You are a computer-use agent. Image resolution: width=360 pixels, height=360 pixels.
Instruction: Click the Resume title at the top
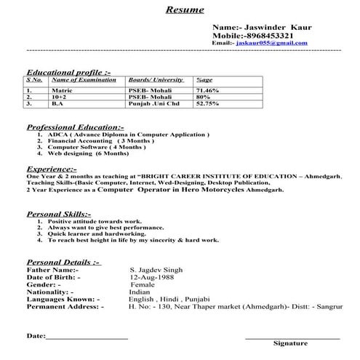coord(185,10)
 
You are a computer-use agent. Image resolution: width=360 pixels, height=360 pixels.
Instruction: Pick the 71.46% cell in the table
coord(208,89)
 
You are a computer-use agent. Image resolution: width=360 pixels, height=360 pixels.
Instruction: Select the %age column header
coord(204,79)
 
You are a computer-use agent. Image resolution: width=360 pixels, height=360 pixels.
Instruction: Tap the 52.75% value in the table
coord(208,103)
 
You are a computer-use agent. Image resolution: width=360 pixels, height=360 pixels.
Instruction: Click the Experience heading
coord(51,169)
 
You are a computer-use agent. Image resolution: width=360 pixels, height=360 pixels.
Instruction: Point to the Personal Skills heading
coord(59,215)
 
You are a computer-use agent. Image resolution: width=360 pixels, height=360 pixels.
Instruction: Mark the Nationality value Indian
coord(139,292)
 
